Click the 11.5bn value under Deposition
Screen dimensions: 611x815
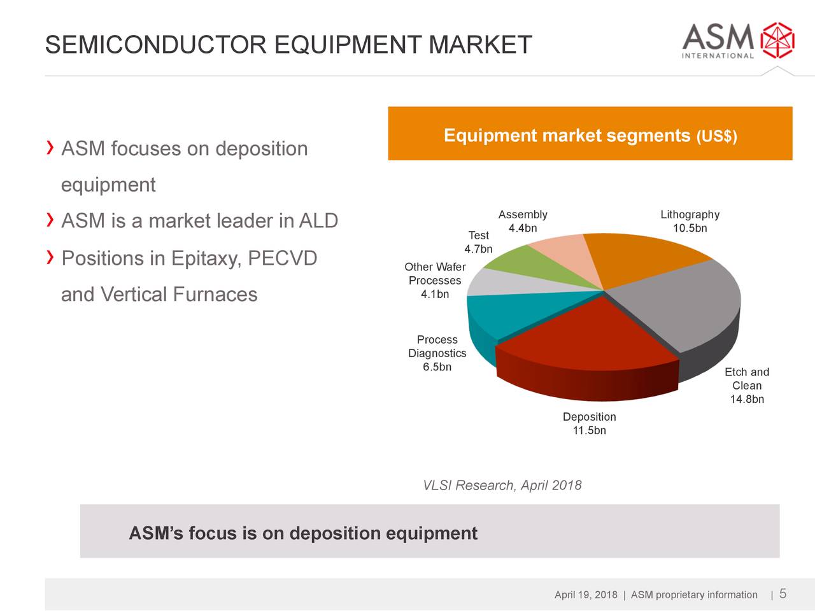coord(589,431)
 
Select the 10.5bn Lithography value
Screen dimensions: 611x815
coord(690,228)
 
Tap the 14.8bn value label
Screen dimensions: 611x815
coord(747,400)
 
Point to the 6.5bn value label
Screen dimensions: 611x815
coord(437,367)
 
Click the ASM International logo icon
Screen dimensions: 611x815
coord(778,40)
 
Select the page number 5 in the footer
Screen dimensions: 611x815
coord(783,594)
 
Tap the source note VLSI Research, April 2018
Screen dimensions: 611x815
coord(502,486)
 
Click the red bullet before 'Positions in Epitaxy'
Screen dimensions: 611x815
coord(50,257)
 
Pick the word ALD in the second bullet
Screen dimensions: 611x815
coord(318,221)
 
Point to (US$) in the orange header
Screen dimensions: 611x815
coord(717,137)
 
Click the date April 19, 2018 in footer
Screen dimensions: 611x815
coord(586,595)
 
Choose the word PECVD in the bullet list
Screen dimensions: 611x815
coord(282,258)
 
